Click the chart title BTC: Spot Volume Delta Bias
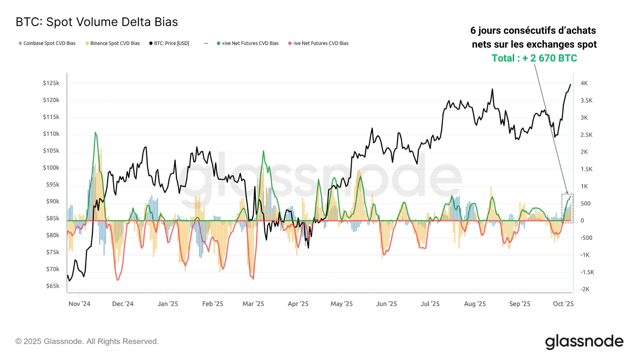click(97, 22)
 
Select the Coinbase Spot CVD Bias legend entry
click(47, 43)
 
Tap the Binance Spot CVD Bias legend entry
click(113, 43)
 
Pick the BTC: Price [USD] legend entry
click(169, 43)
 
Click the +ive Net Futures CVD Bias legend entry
click(248, 43)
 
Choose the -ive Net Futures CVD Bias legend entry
click(319, 43)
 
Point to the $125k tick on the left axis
click(51, 83)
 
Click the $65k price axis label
click(53, 286)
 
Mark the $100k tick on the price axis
click(51, 168)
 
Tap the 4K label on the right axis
click(584, 83)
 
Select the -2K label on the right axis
click(585, 289)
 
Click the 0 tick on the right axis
click(582, 221)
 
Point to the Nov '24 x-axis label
click(79, 304)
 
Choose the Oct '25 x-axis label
click(563, 304)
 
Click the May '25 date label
click(342, 304)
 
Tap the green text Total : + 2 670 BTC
click(534, 58)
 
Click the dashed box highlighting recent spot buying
click(567, 209)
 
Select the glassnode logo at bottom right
click(584, 342)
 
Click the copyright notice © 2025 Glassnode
click(87, 342)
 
